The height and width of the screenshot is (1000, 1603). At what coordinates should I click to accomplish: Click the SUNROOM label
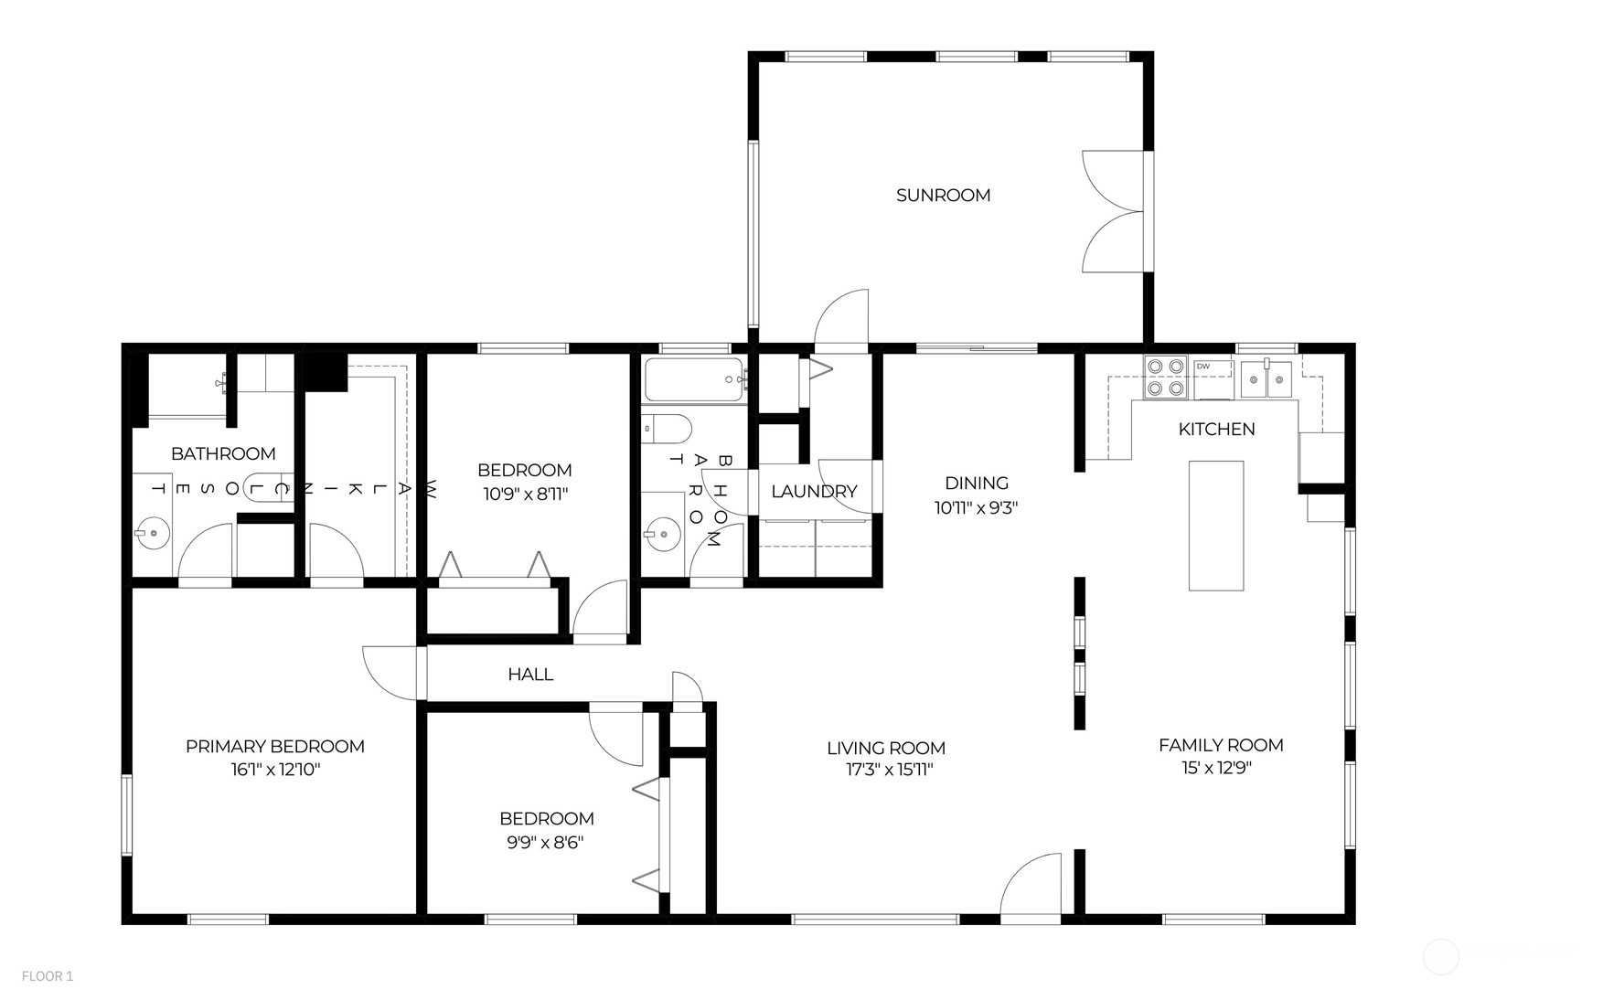(x=943, y=195)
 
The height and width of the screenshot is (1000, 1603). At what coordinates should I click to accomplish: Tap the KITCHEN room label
(x=1216, y=429)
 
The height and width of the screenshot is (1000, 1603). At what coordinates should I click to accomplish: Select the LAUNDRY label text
(x=814, y=491)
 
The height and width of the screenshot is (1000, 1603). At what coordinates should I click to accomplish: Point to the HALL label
(x=530, y=674)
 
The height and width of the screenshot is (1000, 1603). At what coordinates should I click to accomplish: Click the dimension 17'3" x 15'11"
(x=889, y=770)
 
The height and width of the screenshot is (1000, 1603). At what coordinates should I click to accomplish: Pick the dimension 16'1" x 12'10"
(x=275, y=770)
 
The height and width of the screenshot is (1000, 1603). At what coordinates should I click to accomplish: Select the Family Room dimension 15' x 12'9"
(x=1216, y=768)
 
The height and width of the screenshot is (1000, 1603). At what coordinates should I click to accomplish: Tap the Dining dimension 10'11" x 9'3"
(x=976, y=507)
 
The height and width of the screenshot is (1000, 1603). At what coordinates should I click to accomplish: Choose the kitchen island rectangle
(x=1215, y=526)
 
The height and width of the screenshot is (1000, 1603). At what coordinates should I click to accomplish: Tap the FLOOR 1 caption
(x=48, y=976)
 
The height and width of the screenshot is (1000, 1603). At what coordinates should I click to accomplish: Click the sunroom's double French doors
(x=1113, y=211)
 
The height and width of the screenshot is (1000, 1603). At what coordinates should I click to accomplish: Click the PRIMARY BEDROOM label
(x=275, y=746)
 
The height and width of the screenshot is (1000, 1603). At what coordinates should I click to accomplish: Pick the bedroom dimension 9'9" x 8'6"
(x=545, y=842)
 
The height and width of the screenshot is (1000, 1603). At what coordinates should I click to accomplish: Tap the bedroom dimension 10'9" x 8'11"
(x=526, y=495)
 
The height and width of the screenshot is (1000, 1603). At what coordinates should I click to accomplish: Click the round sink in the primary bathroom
(x=153, y=532)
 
